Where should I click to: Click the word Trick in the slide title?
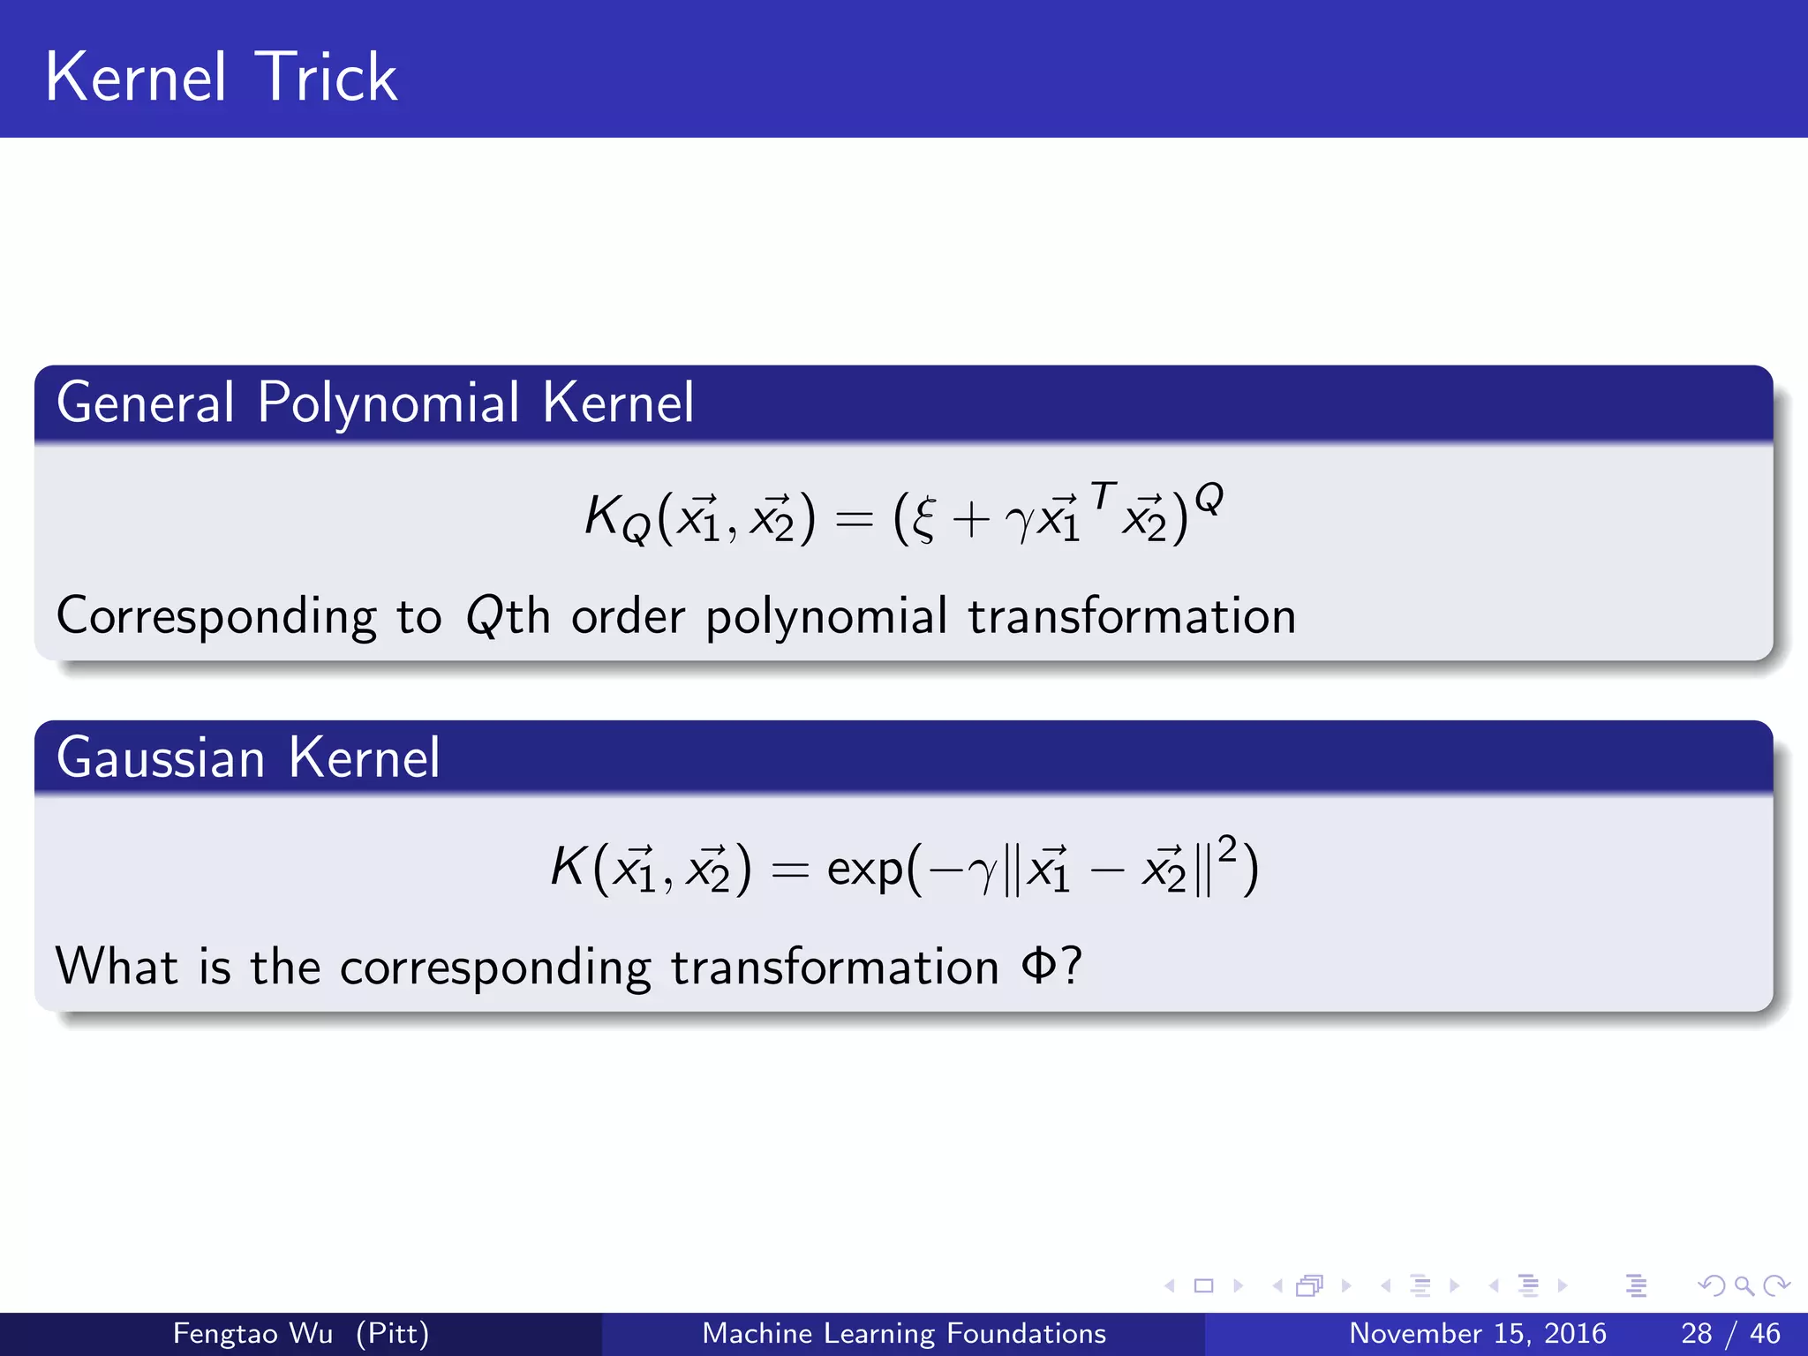tap(327, 78)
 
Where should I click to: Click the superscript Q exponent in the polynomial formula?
tap(1209, 498)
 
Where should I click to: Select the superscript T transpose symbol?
tap(1104, 495)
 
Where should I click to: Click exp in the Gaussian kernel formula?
tap(865, 870)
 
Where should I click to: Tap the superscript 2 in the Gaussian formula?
tap(1226, 848)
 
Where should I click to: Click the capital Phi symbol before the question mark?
tap(1038, 966)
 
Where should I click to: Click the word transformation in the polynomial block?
tap(1132, 615)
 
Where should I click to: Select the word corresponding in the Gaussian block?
tap(495, 968)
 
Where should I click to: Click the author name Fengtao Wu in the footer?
tap(252, 1333)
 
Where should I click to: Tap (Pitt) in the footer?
tap(392, 1333)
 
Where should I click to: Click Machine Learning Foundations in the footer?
tap(904, 1333)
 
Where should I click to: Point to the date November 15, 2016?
tap(1477, 1333)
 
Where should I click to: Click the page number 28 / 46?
tap(1730, 1333)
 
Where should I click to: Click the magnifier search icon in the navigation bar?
tap(1744, 1286)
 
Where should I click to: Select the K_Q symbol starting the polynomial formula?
tap(616, 518)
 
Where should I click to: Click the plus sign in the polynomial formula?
tap(970, 519)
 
